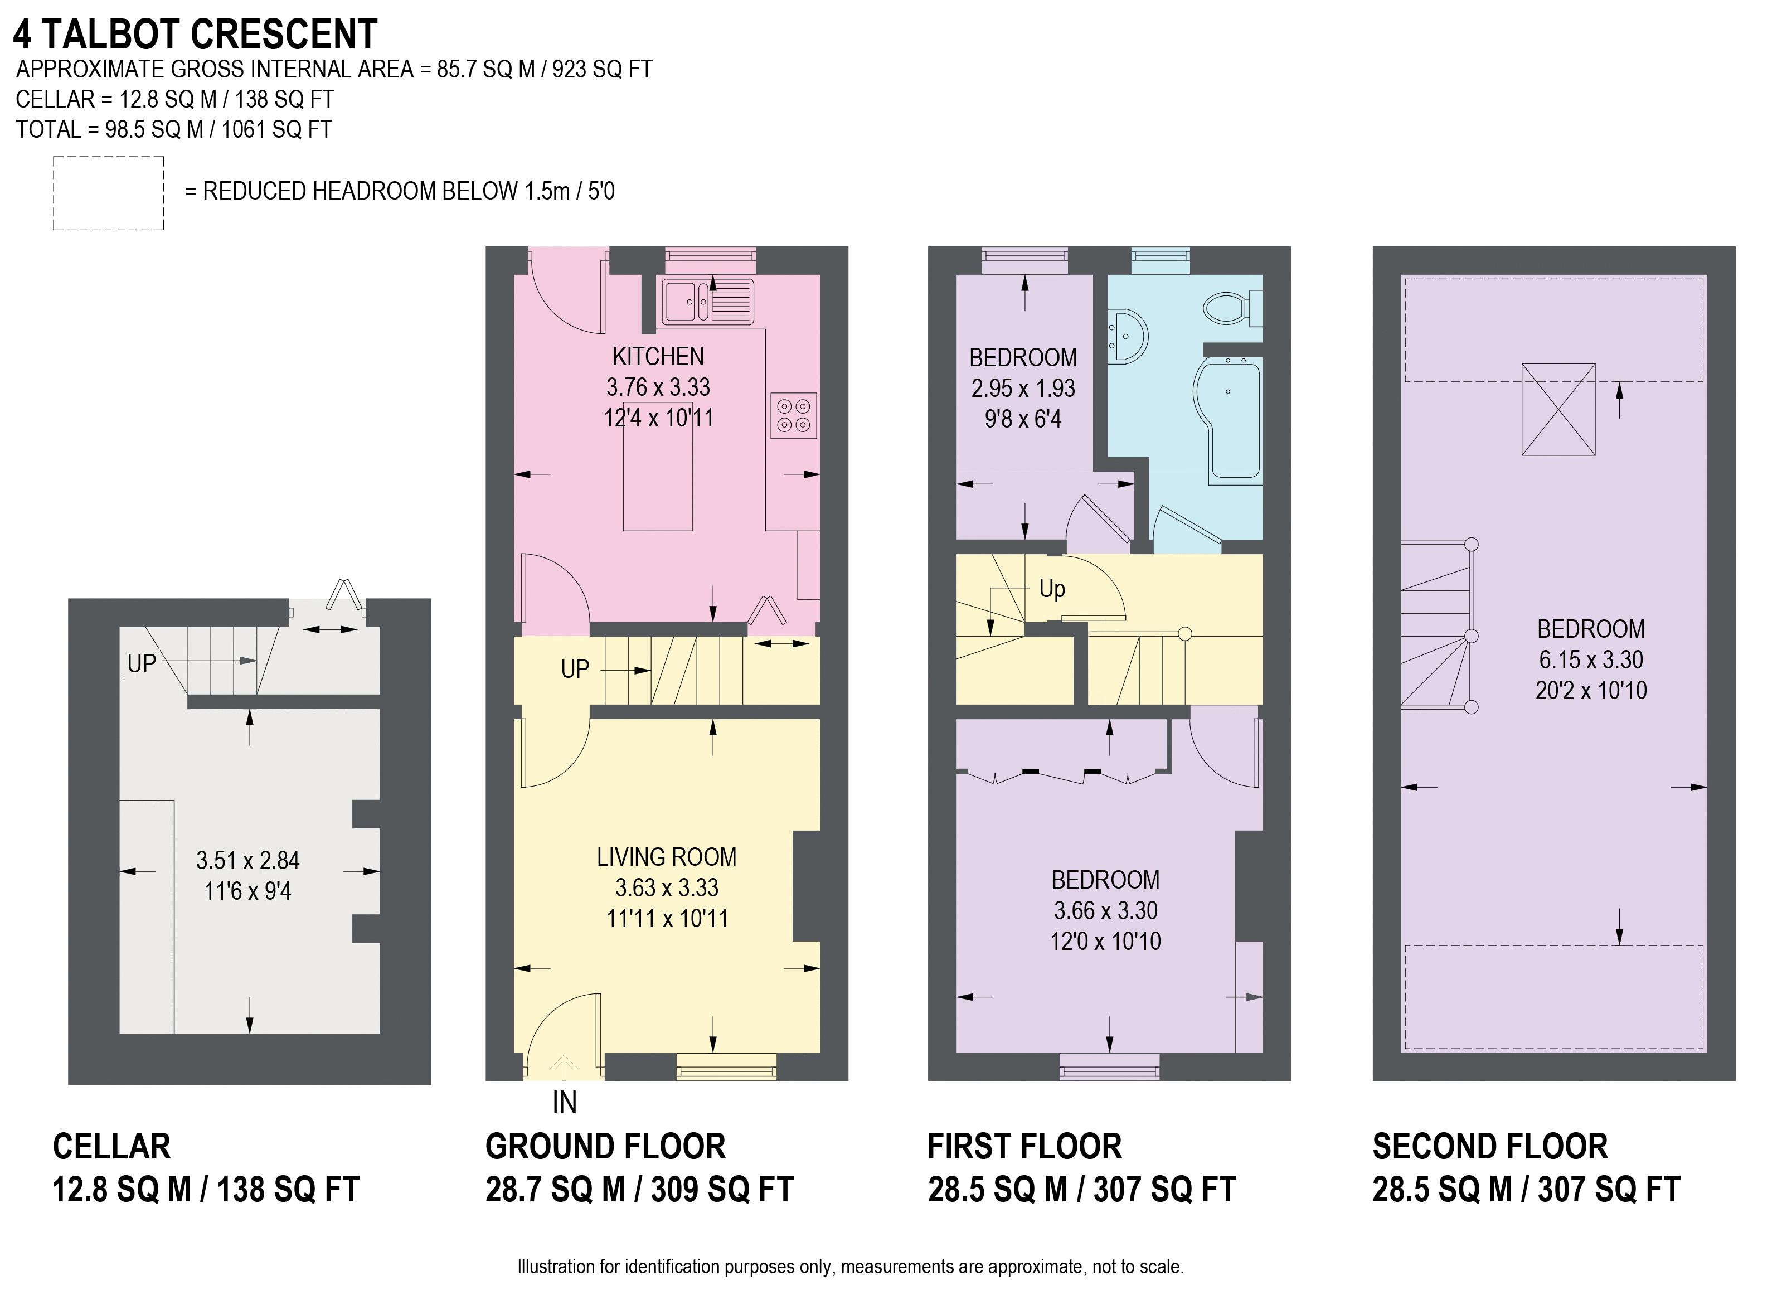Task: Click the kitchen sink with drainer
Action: point(708,301)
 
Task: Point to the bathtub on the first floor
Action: point(1227,421)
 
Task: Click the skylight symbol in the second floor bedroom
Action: point(1558,409)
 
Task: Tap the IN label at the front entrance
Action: point(564,1103)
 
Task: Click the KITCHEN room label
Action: point(658,357)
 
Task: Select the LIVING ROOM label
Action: point(666,856)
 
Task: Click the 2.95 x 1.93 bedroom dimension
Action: point(1023,388)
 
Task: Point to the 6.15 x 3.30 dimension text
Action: point(1591,659)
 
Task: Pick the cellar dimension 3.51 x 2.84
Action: point(248,860)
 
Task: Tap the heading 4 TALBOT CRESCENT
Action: point(196,35)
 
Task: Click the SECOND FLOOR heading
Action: point(1490,1147)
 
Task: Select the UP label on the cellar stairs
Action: point(142,664)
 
